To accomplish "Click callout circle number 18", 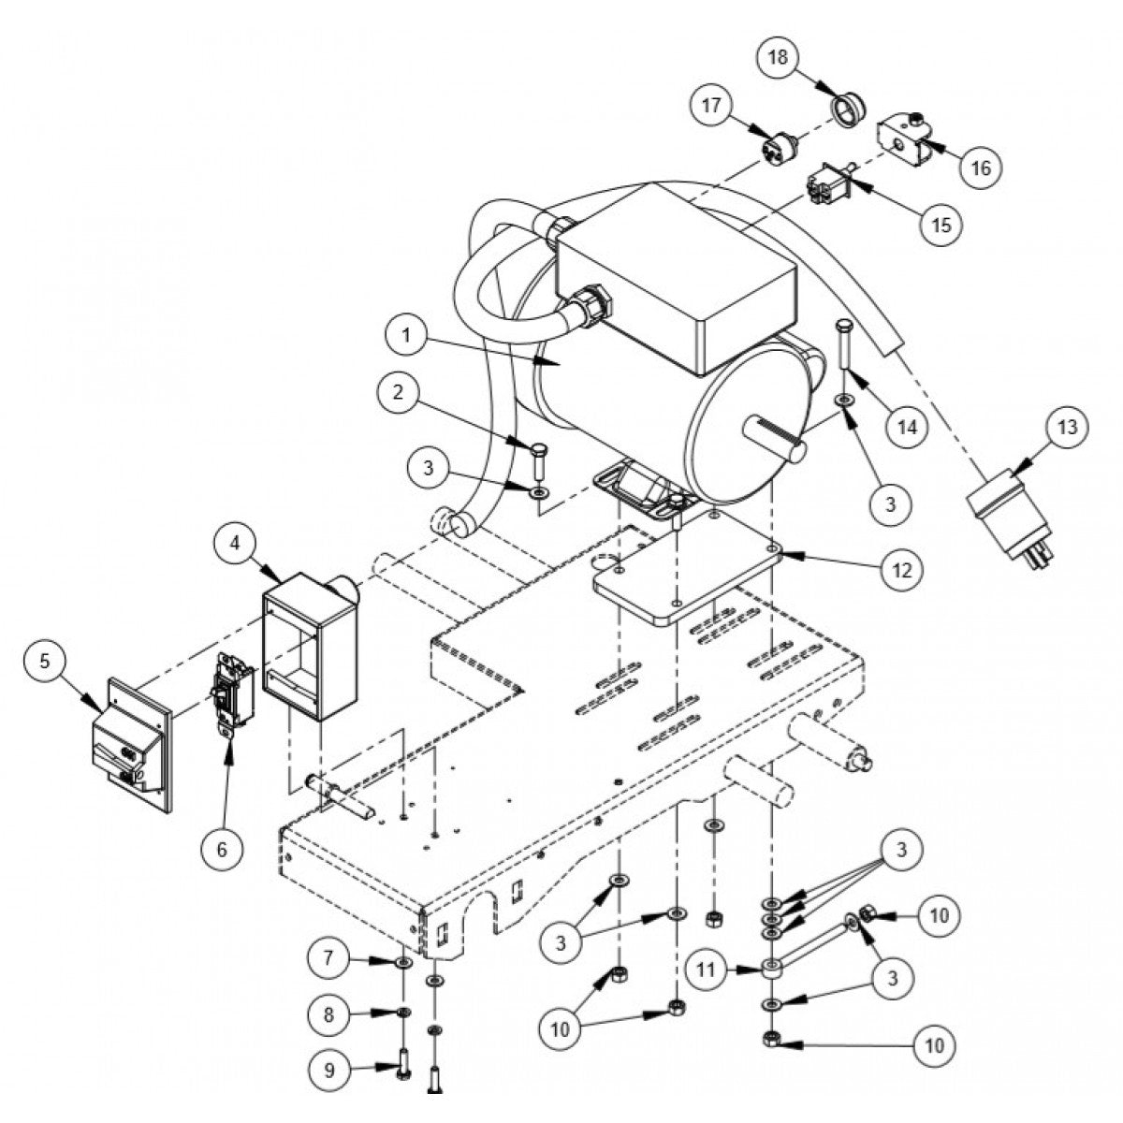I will pyautogui.click(x=779, y=57).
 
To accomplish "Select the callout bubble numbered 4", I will pyautogui.click(x=234, y=543).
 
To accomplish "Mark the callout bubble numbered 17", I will pyautogui.click(x=713, y=106).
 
